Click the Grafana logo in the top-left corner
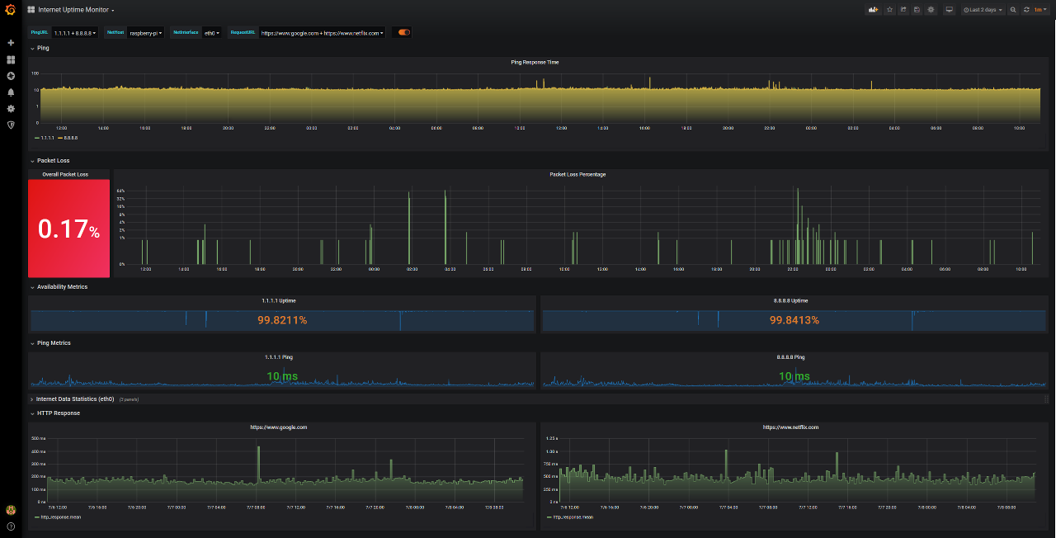tap(11, 10)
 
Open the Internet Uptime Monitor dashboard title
tap(74, 10)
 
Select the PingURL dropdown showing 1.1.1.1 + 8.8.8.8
tap(74, 33)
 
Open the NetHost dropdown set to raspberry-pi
tap(145, 33)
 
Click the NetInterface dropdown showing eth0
tap(212, 33)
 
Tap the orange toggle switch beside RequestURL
tap(404, 33)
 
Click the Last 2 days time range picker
tap(983, 10)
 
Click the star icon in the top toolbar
tap(889, 10)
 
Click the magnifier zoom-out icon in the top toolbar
tap(1013, 10)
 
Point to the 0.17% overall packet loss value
tap(69, 229)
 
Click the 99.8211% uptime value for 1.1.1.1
tap(282, 320)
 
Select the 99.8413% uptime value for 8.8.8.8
tap(794, 320)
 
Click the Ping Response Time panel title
tap(535, 62)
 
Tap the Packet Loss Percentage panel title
tap(577, 174)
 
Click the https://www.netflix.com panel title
tap(790, 427)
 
